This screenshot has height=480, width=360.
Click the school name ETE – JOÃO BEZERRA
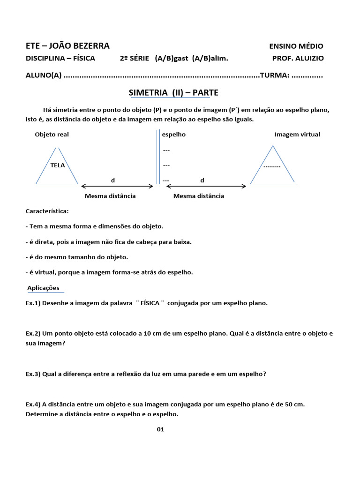tap(67, 45)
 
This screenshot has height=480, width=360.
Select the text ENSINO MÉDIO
tap(296, 46)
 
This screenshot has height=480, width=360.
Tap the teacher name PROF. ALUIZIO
tap(298, 58)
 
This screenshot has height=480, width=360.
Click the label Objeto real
tap(52, 135)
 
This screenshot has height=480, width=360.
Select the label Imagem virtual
tap(297, 135)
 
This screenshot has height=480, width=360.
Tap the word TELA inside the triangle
tap(58, 165)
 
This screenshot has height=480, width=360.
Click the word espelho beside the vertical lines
tap(174, 135)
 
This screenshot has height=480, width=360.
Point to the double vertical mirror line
tap(157, 157)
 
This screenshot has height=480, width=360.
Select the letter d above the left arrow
tap(112, 180)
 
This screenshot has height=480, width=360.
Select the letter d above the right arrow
tap(202, 180)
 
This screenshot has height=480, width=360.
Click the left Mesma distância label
tap(110, 196)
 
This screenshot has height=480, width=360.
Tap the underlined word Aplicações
tap(43, 288)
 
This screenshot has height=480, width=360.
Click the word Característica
tap(47, 211)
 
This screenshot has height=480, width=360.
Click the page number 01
tap(161, 429)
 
